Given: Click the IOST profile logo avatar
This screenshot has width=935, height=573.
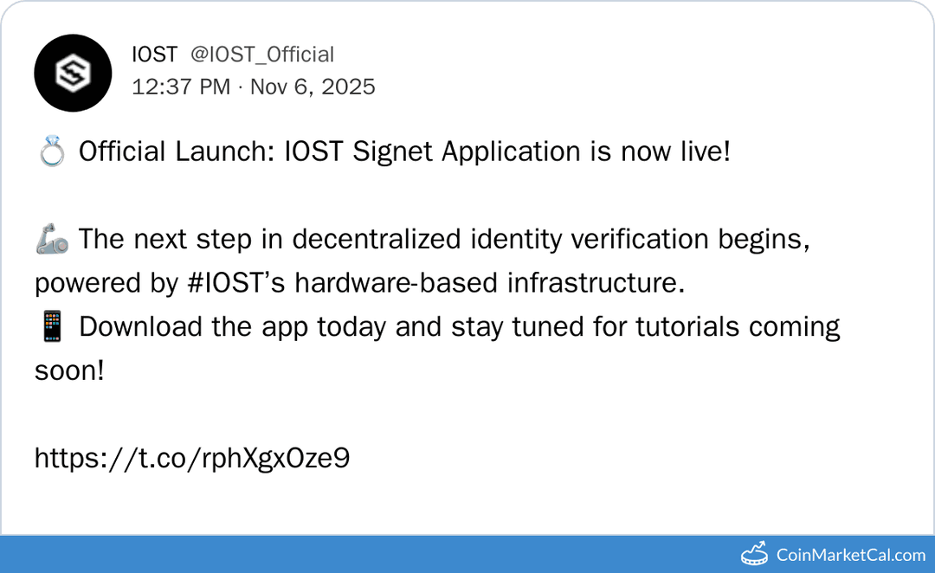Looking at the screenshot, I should coord(74,74).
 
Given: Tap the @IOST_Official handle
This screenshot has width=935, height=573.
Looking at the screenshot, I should coord(261,55).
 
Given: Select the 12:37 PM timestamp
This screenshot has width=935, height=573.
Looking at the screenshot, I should coord(181,87).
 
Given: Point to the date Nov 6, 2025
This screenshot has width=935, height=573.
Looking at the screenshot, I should coord(313,87).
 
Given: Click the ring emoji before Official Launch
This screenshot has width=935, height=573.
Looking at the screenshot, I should coord(51,152).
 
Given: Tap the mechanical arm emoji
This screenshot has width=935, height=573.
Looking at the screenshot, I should coord(51,240).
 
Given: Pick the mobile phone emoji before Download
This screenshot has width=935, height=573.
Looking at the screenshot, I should coord(51,327).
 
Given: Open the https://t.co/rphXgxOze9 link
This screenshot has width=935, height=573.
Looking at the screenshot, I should coord(192,458).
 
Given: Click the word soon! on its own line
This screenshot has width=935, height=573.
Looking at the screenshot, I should coord(69,371).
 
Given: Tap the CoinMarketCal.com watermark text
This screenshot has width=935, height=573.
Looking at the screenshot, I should coord(851,555).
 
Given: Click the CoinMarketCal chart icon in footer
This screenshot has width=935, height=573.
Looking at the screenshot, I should coord(754,554).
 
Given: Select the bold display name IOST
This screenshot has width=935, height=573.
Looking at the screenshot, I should coord(154,55).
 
